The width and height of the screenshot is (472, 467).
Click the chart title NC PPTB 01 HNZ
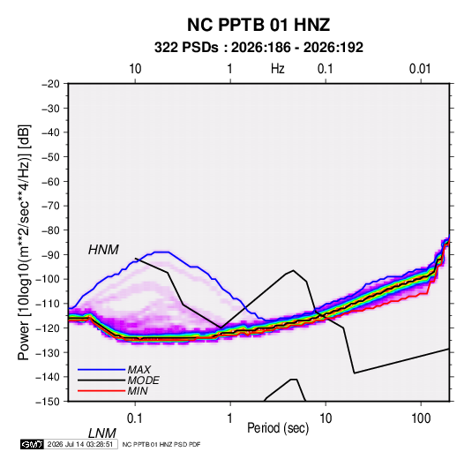point(258,25)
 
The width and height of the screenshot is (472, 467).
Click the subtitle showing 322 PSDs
point(258,48)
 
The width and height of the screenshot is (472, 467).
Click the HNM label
point(103,250)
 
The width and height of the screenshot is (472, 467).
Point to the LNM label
point(102,433)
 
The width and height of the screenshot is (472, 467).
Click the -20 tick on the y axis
point(50,84)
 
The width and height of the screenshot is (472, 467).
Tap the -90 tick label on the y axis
point(50,254)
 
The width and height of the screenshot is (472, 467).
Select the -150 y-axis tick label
point(48,402)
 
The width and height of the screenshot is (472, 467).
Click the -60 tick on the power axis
point(50,181)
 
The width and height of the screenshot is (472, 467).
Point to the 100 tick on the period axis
point(421,418)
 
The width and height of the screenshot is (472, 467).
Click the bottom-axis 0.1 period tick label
point(135,418)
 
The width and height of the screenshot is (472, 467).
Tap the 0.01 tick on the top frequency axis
point(420,69)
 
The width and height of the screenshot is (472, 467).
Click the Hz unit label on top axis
point(278,69)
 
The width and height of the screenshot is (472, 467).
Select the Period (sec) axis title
point(278,428)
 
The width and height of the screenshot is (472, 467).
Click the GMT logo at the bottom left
point(32,444)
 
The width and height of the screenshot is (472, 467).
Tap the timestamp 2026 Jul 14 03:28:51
point(80,444)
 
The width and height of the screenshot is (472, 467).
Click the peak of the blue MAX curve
point(161,252)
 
